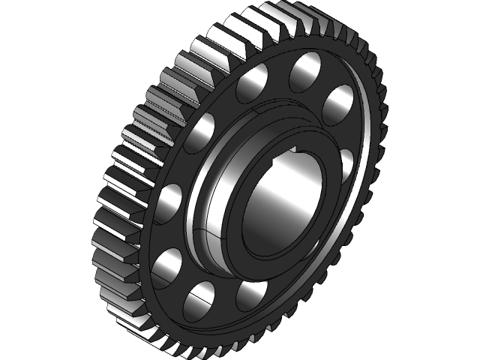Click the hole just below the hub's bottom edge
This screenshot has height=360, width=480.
click(251, 295)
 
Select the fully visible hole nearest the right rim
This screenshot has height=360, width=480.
click(339, 103)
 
